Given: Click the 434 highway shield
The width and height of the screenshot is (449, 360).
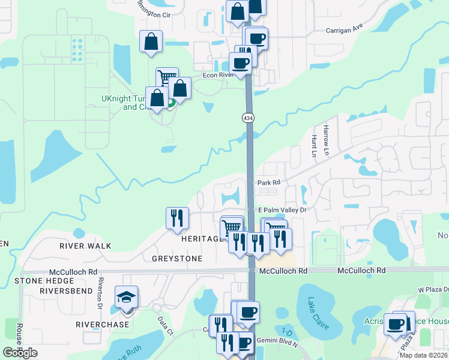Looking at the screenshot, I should [x=248, y=118].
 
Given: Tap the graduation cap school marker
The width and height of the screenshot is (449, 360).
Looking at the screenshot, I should [x=127, y=299].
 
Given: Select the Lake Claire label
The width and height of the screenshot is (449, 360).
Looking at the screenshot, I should [x=318, y=313].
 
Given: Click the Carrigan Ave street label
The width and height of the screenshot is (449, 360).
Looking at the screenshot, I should [x=345, y=29].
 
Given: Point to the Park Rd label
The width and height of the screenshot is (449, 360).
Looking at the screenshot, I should [x=269, y=182].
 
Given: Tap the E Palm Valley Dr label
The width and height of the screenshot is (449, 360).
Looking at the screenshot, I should [x=282, y=210].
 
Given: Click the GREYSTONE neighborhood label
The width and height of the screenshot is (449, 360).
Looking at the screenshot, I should [x=177, y=259].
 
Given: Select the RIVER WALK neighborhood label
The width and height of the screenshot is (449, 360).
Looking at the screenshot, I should [x=85, y=246].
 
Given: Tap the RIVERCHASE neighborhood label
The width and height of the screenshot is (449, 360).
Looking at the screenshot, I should [x=103, y=325].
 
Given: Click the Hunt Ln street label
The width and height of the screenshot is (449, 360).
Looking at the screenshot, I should [x=314, y=146].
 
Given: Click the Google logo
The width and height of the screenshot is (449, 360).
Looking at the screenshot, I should [x=20, y=353].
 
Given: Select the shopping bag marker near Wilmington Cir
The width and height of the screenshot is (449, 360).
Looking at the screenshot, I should [x=151, y=43].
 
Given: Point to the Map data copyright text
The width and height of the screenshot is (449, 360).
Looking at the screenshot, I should [x=423, y=355].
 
